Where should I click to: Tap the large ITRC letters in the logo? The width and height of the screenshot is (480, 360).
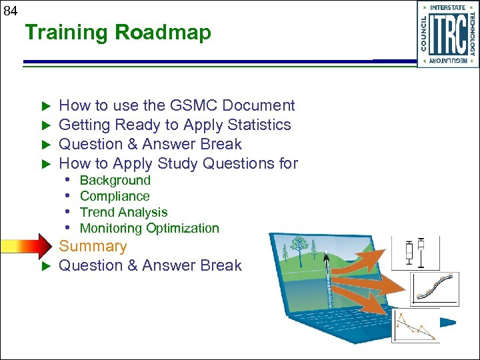pos(447,35)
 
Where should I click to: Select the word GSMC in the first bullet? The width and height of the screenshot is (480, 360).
pos(193,105)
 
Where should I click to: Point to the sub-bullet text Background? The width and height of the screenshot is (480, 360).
pos(115,181)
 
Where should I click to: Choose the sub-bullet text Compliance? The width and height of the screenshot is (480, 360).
pos(115,197)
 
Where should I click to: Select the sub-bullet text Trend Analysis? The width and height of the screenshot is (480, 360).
pos(123,213)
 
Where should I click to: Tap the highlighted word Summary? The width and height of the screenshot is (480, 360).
pos(93,246)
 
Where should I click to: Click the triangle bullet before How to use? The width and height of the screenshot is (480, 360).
pos(46,106)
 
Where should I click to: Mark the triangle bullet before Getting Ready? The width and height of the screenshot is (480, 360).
pos(46,125)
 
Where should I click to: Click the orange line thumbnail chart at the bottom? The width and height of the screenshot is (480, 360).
pos(416,328)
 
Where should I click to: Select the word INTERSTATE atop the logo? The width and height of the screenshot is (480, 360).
pos(447,7)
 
